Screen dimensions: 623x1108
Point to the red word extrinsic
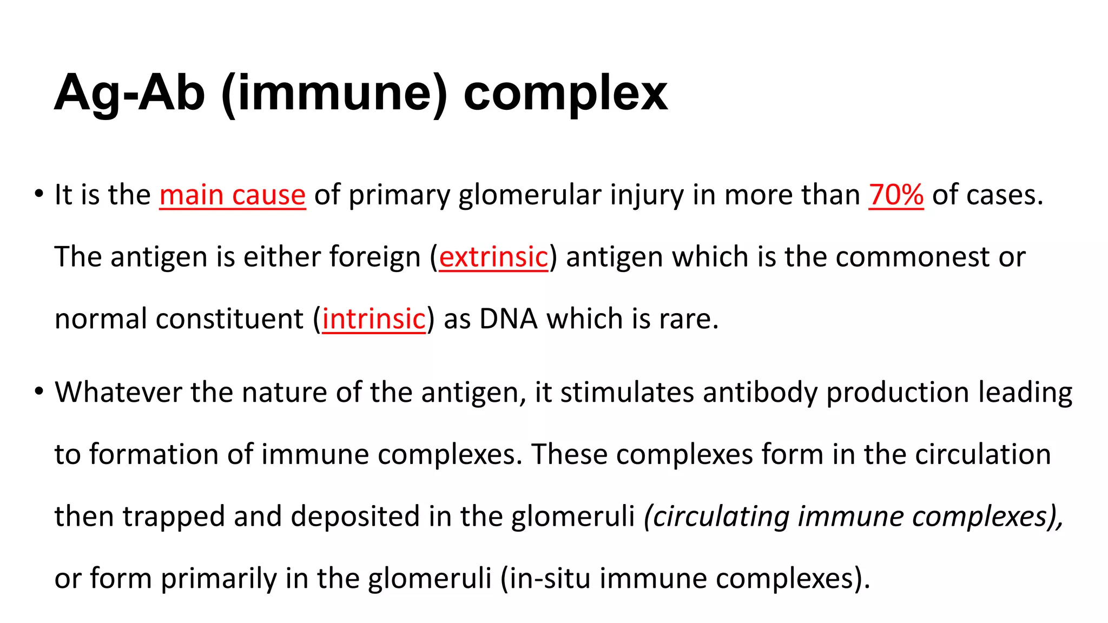[493, 257]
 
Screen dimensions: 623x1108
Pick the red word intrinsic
[374, 319]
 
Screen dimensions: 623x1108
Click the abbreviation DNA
[508, 319]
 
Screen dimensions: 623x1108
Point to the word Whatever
[118, 392]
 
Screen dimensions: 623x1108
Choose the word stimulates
[627, 392]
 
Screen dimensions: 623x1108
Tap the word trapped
[174, 516]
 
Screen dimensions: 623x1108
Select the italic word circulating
[720, 516]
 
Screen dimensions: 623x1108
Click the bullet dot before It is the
[38, 194]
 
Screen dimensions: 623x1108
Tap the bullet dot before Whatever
[38, 391]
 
